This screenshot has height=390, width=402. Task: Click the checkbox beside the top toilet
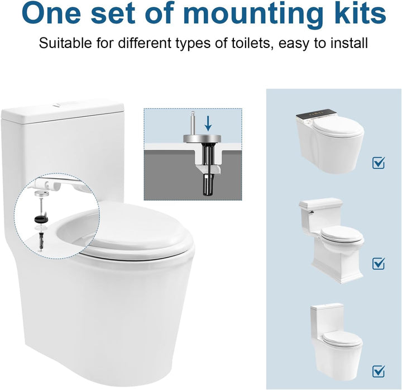[379, 163]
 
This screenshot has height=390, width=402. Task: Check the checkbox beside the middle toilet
[379, 263]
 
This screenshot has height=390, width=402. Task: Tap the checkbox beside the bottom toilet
[379, 370]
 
